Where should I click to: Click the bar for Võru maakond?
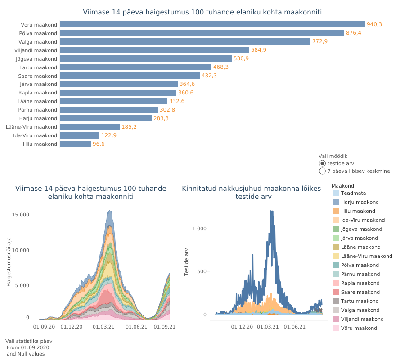[212, 24]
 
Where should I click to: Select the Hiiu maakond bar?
[75, 144]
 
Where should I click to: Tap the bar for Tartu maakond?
[135, 67]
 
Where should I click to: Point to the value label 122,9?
[109, 135]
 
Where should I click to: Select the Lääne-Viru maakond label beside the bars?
[31, 127]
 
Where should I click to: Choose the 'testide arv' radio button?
[322, 163]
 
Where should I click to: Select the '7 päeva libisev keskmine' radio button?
[322, 171]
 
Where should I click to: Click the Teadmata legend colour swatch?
[336, 193]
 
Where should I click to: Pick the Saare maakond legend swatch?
[336, 292]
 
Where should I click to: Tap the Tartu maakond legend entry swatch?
[336, 301]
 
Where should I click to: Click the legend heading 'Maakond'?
[342, 186]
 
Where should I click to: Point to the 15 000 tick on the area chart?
[21, 215]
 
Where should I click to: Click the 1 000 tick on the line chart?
[199, 229]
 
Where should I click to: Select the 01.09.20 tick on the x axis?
[44, 327]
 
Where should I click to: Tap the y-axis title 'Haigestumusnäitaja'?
[9, 263]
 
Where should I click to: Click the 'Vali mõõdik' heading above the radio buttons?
[333, 156]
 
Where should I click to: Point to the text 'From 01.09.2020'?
[28, 347]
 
